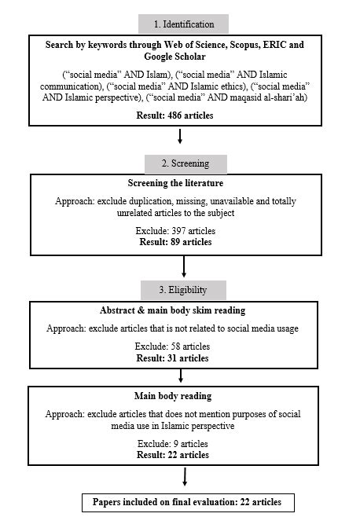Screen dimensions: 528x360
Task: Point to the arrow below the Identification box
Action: tap(181, 137)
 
